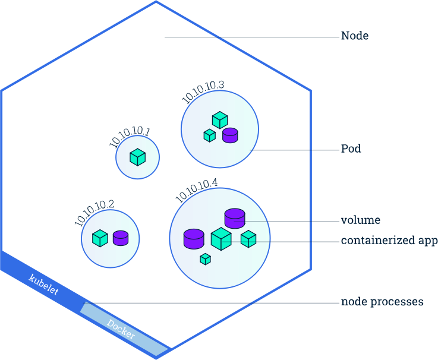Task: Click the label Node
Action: coord(354,36)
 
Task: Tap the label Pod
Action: coord(351,149)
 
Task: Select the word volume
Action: coord(360,220)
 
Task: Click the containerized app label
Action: coord(389,241)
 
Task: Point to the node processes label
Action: coord(382,302)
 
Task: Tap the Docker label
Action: coord(121,329)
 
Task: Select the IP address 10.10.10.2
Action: coord(94,212)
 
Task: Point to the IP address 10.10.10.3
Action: coord(203,93)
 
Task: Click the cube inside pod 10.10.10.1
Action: coord(138,157)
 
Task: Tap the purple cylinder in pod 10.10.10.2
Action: coord(121,238)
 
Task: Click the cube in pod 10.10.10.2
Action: coord(100,238)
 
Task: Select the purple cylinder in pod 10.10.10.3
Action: coord(230,135)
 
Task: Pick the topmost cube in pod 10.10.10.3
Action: coord(220,120)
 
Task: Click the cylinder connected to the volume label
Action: coord(235,218)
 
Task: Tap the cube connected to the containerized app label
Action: coord(248,239)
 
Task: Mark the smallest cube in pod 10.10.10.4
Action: coord(205,259)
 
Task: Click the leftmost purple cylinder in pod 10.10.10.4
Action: coord(194,239)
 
